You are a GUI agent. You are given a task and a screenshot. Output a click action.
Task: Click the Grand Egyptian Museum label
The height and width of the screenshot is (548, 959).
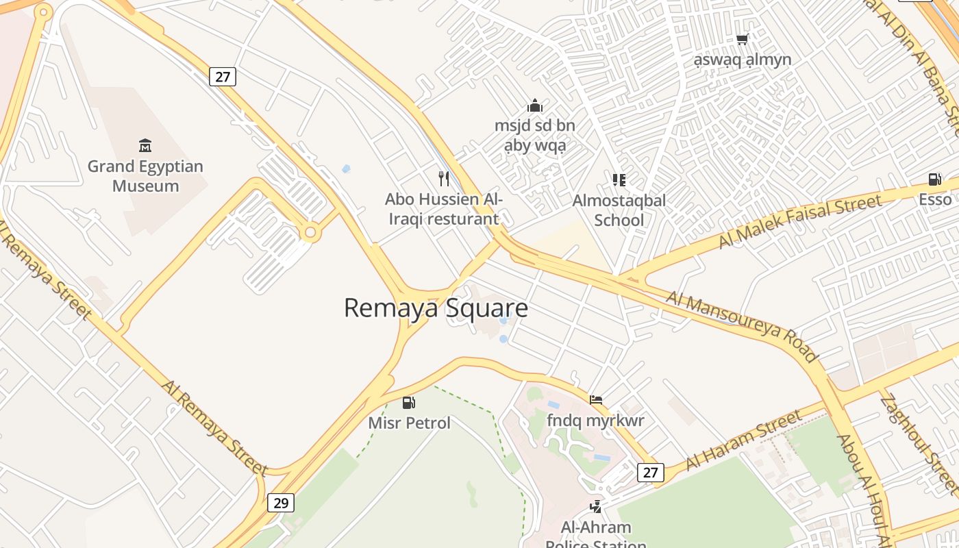point(145,176)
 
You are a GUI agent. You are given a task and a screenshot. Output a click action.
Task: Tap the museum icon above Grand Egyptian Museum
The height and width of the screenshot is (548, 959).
point(145,145)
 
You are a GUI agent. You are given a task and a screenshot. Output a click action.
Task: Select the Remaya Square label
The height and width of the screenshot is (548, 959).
point(436,308)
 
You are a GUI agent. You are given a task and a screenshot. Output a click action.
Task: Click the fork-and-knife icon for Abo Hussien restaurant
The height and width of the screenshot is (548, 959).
point(444,179)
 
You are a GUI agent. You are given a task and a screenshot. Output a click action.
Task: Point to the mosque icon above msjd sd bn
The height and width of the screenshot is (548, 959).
point(535,105)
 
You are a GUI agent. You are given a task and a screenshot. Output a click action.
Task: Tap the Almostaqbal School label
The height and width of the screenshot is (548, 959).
point(619,210)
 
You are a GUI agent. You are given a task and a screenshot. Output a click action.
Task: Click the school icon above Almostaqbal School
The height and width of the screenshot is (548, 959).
point(619,180)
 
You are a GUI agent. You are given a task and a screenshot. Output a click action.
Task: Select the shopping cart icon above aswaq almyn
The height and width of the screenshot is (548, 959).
point(742,40)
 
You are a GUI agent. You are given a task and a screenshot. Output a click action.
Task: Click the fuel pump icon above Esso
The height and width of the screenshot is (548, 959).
point(934,179)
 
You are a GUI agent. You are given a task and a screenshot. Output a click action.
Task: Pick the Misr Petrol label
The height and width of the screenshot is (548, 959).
point(410,423)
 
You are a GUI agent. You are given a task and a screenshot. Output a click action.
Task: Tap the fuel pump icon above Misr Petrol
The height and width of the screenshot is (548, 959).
point(409,402)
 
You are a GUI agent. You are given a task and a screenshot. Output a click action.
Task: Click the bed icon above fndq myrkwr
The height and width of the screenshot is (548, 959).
point(596,399)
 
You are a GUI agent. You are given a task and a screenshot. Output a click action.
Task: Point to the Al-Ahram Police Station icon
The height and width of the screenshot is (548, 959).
point(596,507)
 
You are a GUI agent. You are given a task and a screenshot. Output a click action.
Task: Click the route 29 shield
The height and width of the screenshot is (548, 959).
point(280,503)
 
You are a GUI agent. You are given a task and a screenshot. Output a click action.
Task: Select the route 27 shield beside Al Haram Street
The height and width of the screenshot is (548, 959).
point(650,472)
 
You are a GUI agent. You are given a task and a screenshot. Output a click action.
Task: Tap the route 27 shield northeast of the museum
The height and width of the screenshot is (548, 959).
point(223,77)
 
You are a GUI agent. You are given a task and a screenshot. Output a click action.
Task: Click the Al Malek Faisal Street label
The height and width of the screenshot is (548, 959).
point(799,222)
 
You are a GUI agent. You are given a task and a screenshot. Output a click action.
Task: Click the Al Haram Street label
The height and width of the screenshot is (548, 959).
point(743,440)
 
